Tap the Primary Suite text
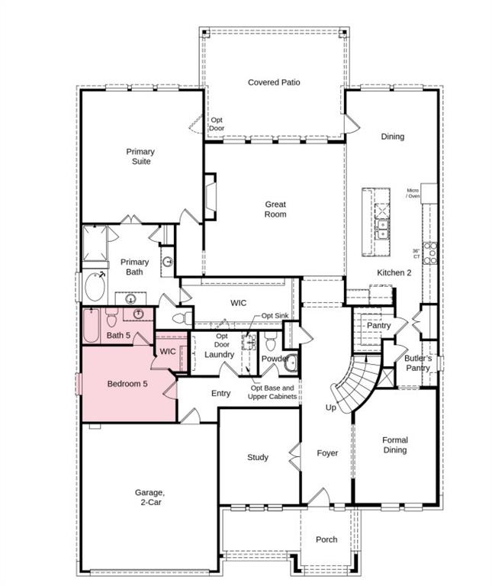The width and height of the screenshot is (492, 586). point(140,156)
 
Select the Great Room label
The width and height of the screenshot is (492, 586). point(275,209)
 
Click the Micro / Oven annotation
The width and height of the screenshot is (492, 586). point(413,193)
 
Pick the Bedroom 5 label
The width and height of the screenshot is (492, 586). point(127,384)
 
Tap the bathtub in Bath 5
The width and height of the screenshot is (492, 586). point(92,326)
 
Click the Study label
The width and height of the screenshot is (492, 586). point(258,458)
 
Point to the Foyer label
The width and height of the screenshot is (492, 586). point(327,453)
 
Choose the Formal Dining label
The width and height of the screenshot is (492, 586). point(395,445)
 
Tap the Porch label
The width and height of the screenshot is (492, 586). point(326,539)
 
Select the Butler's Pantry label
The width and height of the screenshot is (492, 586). point(418,363)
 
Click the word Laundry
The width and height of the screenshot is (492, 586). point(220,355)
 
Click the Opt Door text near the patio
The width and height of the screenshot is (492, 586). point(217,124)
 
